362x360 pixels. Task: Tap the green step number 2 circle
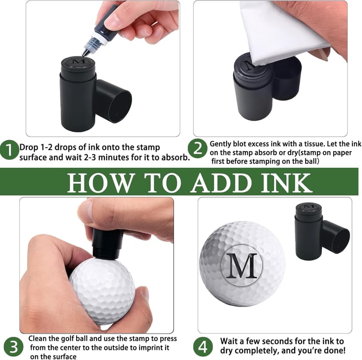[x=197, y=149]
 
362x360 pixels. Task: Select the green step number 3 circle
[x=14, y=347]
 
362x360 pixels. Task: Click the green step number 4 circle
[x=202, y=347]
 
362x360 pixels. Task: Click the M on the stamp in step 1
[x=79, y=62]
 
